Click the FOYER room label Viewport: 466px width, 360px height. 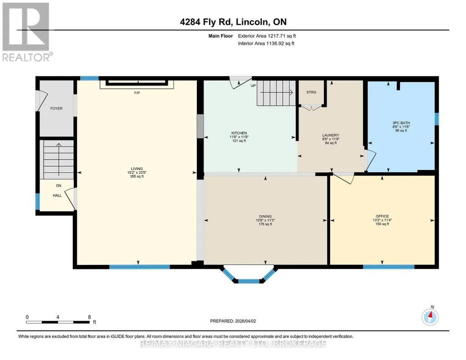(x=56, y=109)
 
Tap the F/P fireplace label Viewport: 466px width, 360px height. (x=137, y=93)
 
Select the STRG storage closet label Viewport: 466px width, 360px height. (x=311, y=92)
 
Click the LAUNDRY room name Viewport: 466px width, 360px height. (x=331, y=135)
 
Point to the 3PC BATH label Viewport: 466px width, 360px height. (x=401, y=123)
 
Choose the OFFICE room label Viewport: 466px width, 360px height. (x=382, y=216)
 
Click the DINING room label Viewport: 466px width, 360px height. (x=265, y=216)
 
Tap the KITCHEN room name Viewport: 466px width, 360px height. (x=239, y=133)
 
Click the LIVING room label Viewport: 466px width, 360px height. (x=137, y=169)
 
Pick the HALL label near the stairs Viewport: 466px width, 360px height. (x=57, y=195)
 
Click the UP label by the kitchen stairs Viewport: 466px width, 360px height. (x=253, y=85)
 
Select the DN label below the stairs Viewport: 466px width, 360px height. (x=59, y=185)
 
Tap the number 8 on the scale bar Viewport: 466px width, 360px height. (x=89, y=317)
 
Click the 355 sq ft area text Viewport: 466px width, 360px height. (x=137, y=176)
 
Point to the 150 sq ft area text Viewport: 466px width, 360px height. (x=382, y=224)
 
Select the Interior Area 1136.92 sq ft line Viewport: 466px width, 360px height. (x=266, y=43)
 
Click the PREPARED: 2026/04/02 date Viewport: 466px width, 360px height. (x=233, y=321)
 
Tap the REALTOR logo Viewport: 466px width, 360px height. (x=26, y=32)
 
